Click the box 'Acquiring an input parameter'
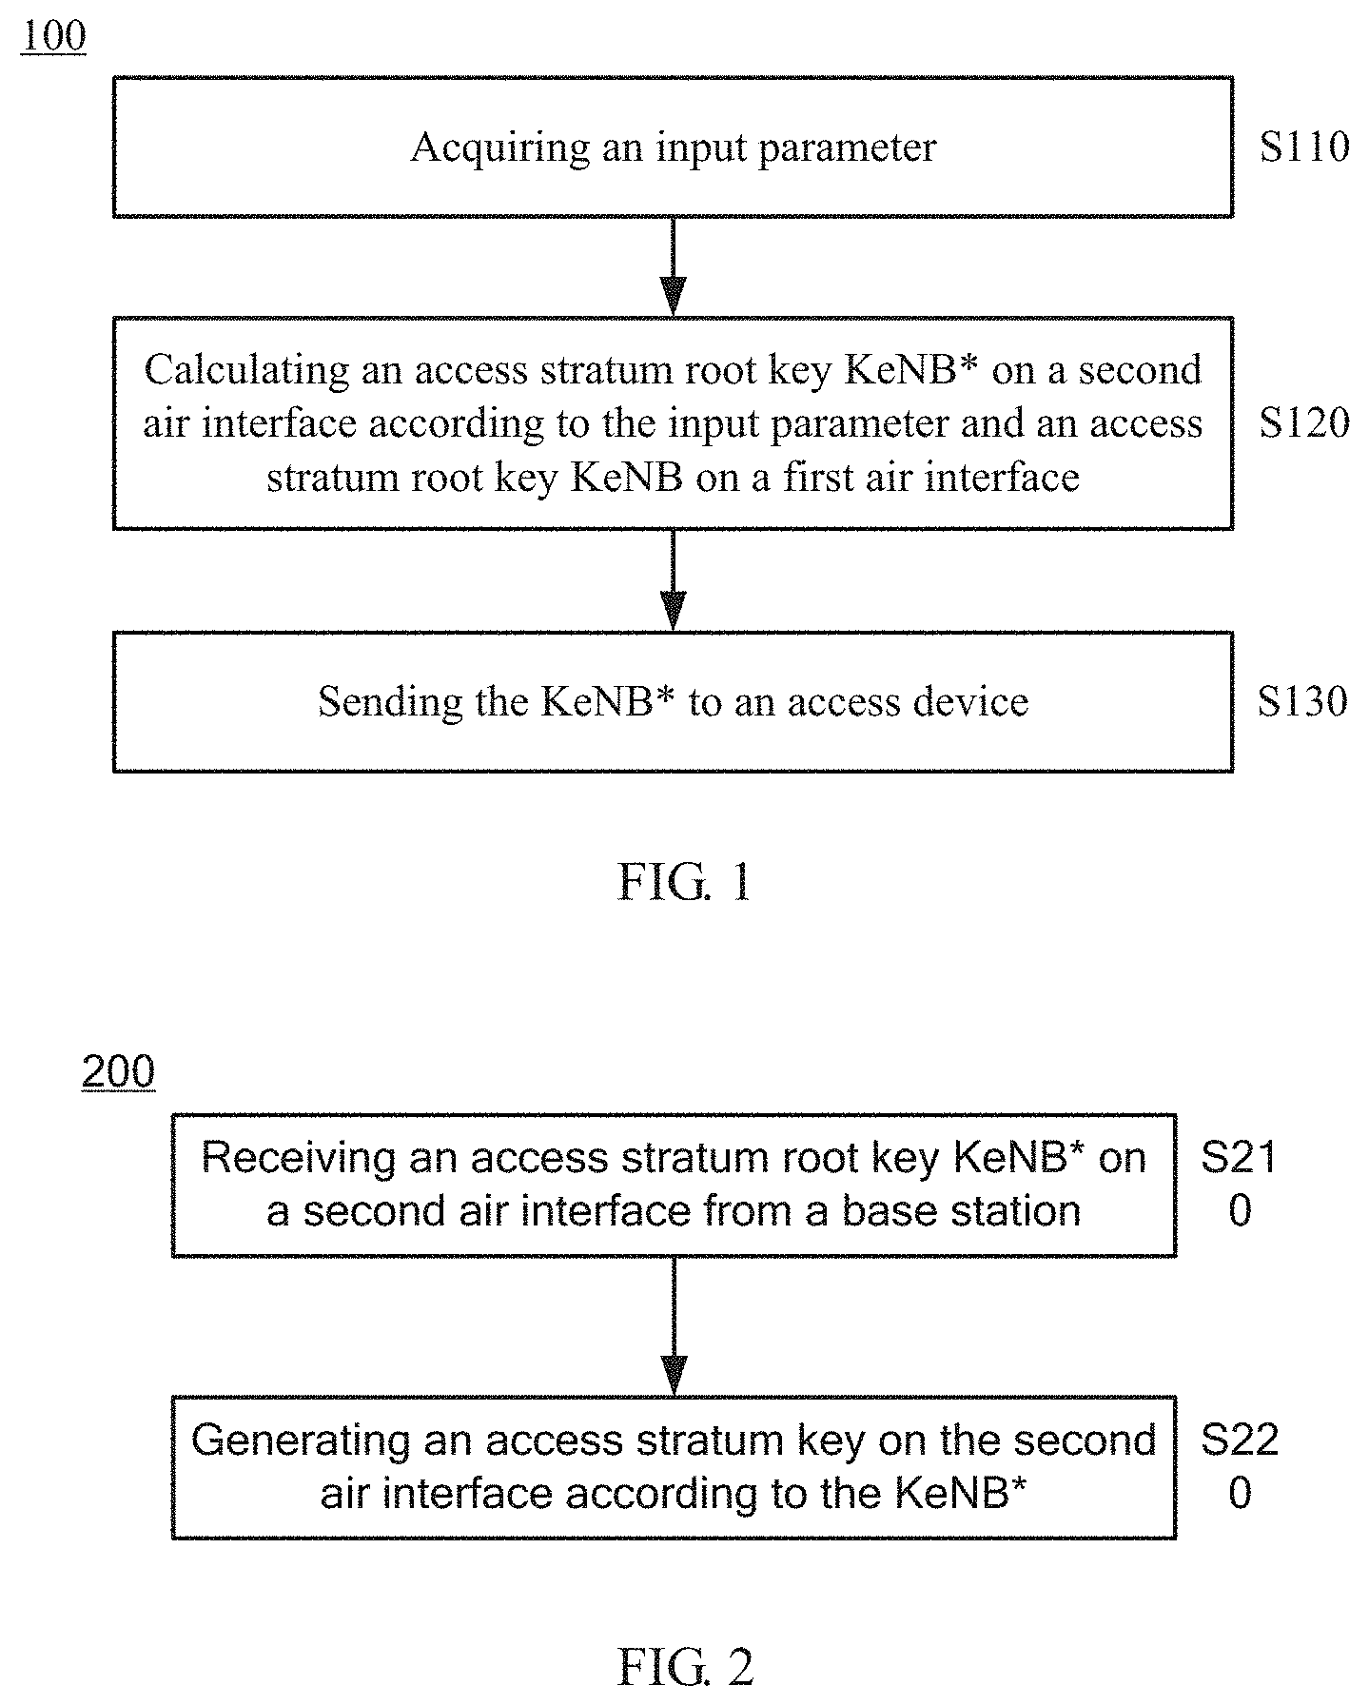673,147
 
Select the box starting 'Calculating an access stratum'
673,423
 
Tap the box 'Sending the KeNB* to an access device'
673,701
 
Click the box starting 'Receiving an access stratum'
674,1186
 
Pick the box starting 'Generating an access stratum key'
674,1467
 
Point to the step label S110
1304,147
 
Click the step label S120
1304,423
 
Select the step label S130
1302,701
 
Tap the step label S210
1239,1185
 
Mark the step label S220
1239,1466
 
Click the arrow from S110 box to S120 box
673,267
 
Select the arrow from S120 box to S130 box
673,580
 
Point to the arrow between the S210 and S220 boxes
674,1326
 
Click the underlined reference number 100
53,37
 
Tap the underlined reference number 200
118,1073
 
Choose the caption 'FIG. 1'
684,882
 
